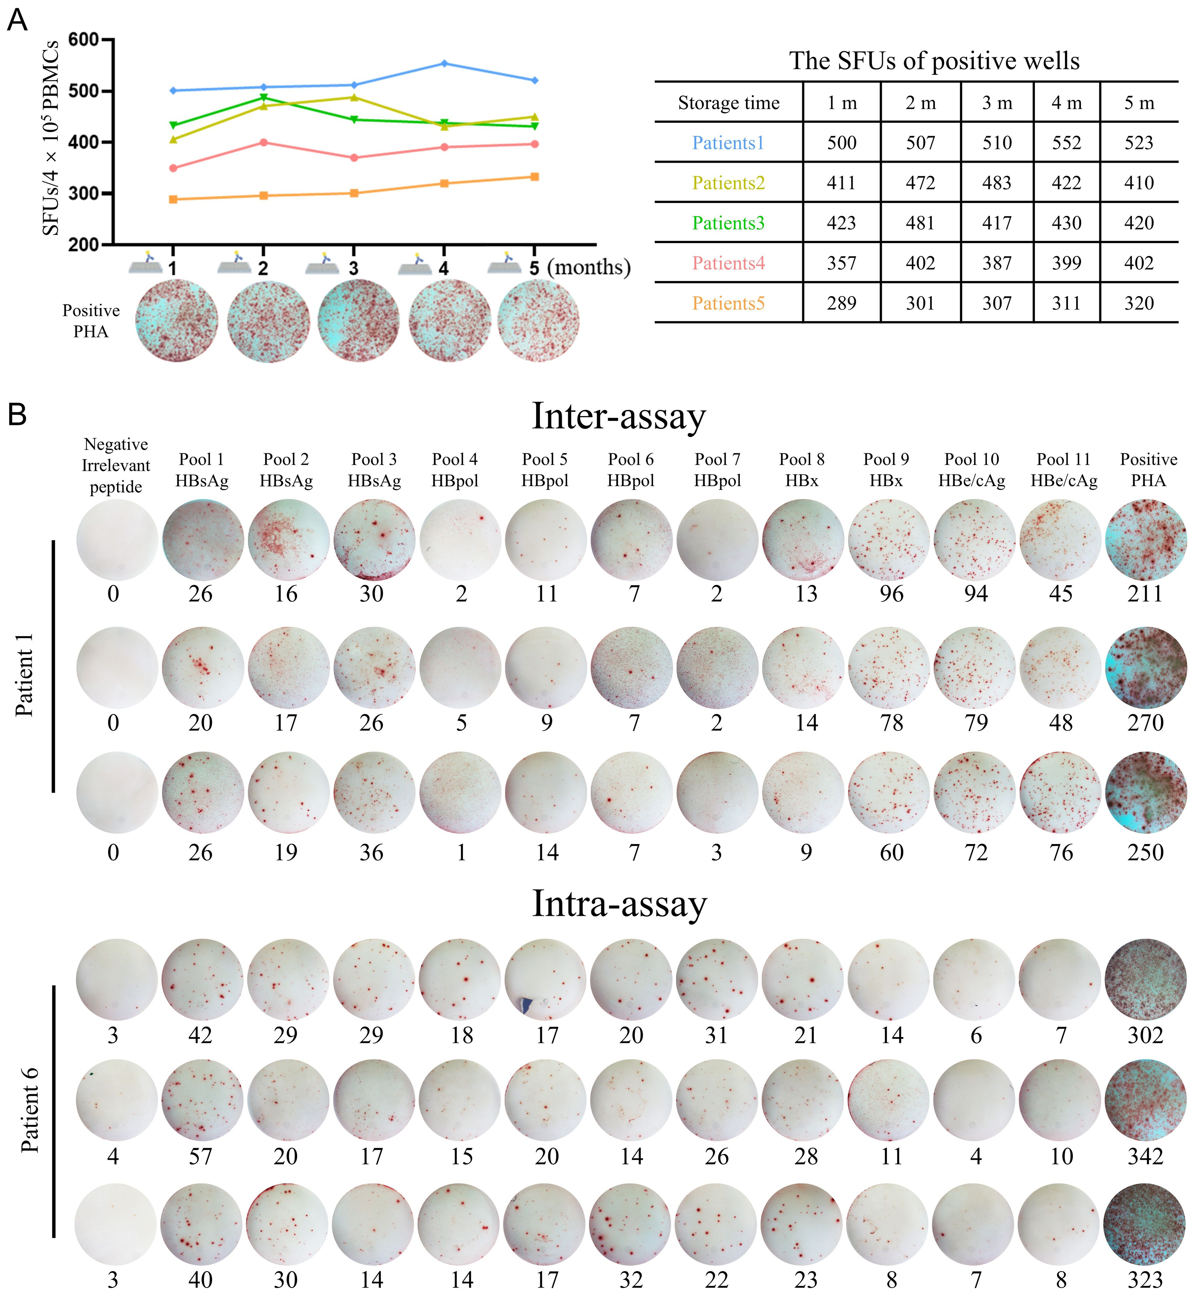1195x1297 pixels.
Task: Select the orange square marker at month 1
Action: pos(173,199)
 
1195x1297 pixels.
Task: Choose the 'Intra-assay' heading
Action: pos(619,904)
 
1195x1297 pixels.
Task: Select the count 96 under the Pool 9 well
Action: pos(891,593)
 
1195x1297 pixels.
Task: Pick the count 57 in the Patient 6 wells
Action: pos(201,1156)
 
